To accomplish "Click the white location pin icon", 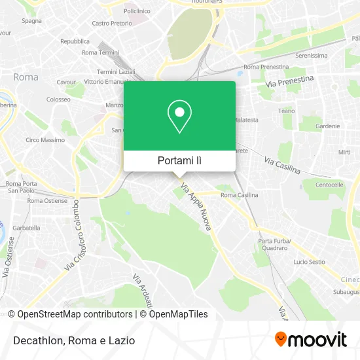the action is coord(179,116).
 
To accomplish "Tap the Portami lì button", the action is coord(179,160).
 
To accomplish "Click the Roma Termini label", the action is coord(99,52).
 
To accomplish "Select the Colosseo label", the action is coord(58,99).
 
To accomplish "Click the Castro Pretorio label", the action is coord(111,23).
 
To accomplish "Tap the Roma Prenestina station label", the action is coord(266,67).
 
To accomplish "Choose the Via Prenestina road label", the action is coord(290,82).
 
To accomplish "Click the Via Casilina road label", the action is coord(282,165).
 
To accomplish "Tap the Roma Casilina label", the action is coord(239,195).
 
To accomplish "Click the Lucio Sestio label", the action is coord(309,262).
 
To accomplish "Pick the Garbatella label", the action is coord(26,228).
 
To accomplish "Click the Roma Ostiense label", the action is coord(47,200).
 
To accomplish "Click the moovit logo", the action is coord(310,339).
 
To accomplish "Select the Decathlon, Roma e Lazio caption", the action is coord(72,340).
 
